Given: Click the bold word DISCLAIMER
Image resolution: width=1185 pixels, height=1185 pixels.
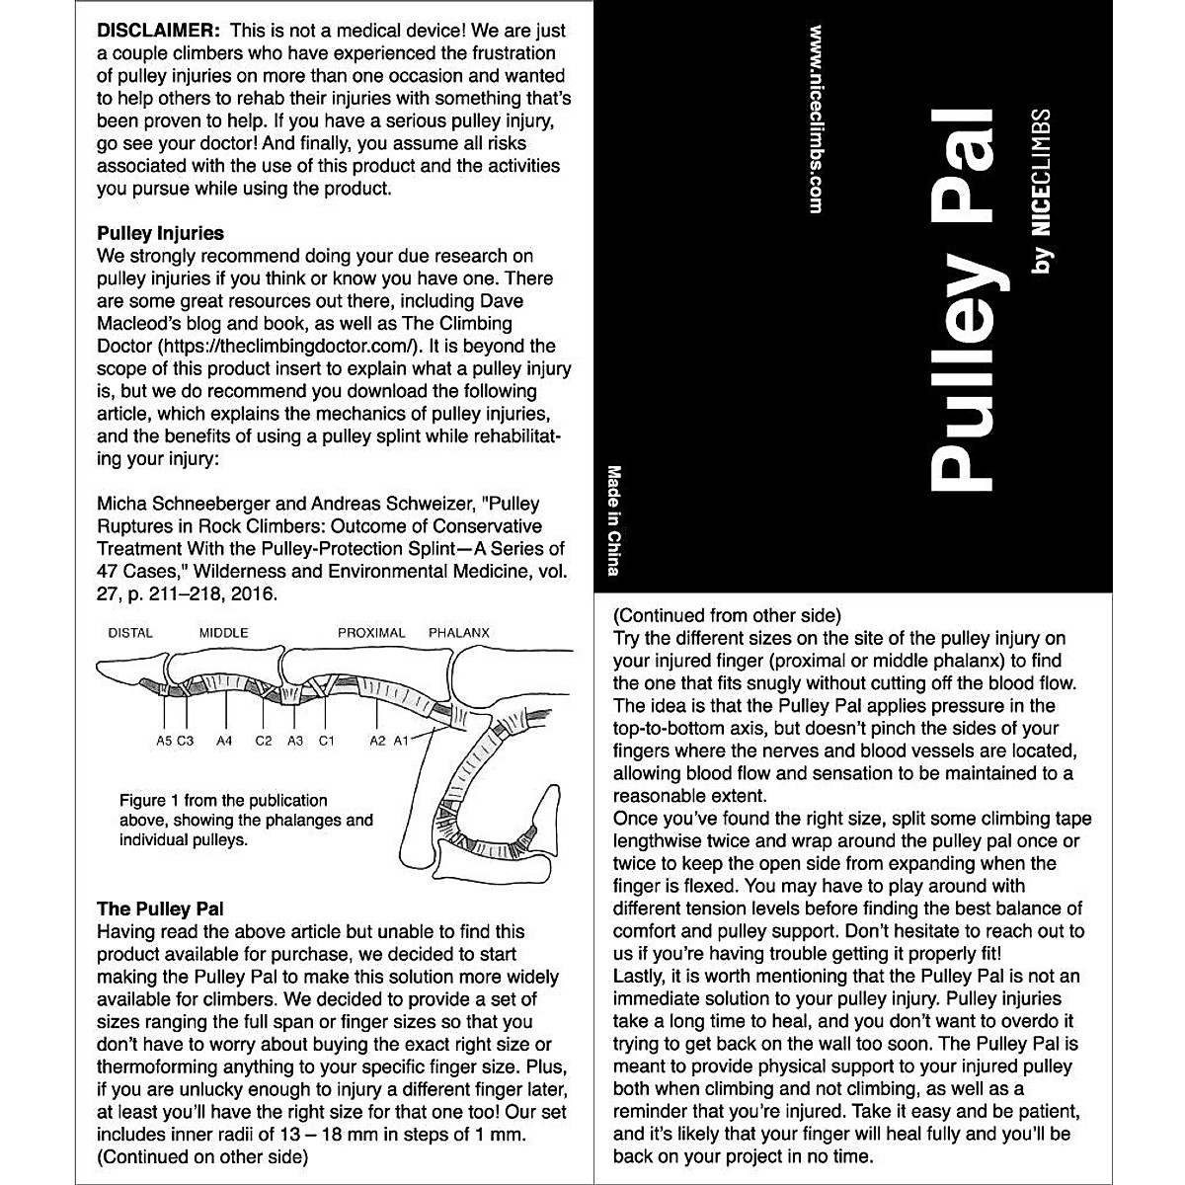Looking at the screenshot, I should coord(153,31).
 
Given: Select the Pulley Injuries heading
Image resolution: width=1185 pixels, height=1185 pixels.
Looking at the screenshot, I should coord(160,234).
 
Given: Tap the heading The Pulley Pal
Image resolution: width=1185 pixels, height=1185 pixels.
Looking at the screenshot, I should coord(160,908).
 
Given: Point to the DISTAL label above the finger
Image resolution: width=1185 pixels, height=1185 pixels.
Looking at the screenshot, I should coord(130,633).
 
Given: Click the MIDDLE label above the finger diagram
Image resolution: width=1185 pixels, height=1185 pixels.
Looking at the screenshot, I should coord(224,633).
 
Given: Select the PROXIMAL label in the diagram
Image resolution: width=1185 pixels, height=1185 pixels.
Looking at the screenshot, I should coord(371,633).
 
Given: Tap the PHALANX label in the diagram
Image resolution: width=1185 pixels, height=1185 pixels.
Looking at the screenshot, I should coord(459,633).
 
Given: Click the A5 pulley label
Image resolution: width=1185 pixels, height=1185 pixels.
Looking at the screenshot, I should coord(165,740).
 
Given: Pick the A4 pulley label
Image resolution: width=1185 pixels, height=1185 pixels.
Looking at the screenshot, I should coord(224,740).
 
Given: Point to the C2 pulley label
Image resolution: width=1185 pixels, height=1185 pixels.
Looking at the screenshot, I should coord(264,740).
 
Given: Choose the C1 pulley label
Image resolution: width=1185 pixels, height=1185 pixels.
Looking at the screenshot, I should coord(327,740).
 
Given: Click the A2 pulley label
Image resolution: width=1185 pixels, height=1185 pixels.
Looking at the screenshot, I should coord(377,740).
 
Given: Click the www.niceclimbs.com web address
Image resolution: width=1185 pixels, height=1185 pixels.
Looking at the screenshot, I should coord(816,118).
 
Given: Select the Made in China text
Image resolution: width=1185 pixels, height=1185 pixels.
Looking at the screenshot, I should coord(614,520).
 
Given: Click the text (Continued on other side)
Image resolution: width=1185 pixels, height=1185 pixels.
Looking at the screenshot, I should coord(202,1156).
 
